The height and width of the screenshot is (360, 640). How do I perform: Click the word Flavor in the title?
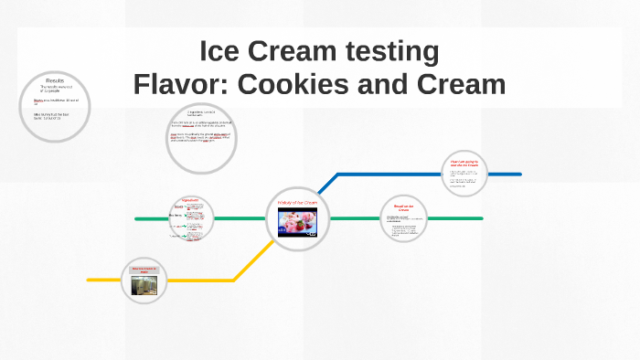coord(179,84)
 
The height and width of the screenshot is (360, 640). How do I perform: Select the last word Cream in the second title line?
coord(461,84)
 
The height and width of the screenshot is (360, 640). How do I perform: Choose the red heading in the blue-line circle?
coord(464,164)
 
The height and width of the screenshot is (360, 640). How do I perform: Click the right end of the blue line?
coord(519,174)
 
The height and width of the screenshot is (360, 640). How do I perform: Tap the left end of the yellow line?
coord(90,279)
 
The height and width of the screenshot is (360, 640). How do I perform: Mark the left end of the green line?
coord(136,219)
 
